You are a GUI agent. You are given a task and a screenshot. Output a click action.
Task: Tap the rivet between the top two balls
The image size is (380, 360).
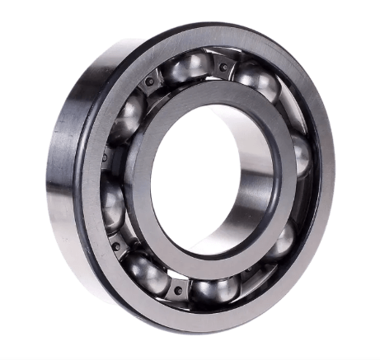click(x=223, y=67)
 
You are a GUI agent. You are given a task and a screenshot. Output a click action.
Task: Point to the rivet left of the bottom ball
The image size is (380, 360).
click(x=178, y=290)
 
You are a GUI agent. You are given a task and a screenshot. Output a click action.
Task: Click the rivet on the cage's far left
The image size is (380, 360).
click(x=105, y=157)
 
